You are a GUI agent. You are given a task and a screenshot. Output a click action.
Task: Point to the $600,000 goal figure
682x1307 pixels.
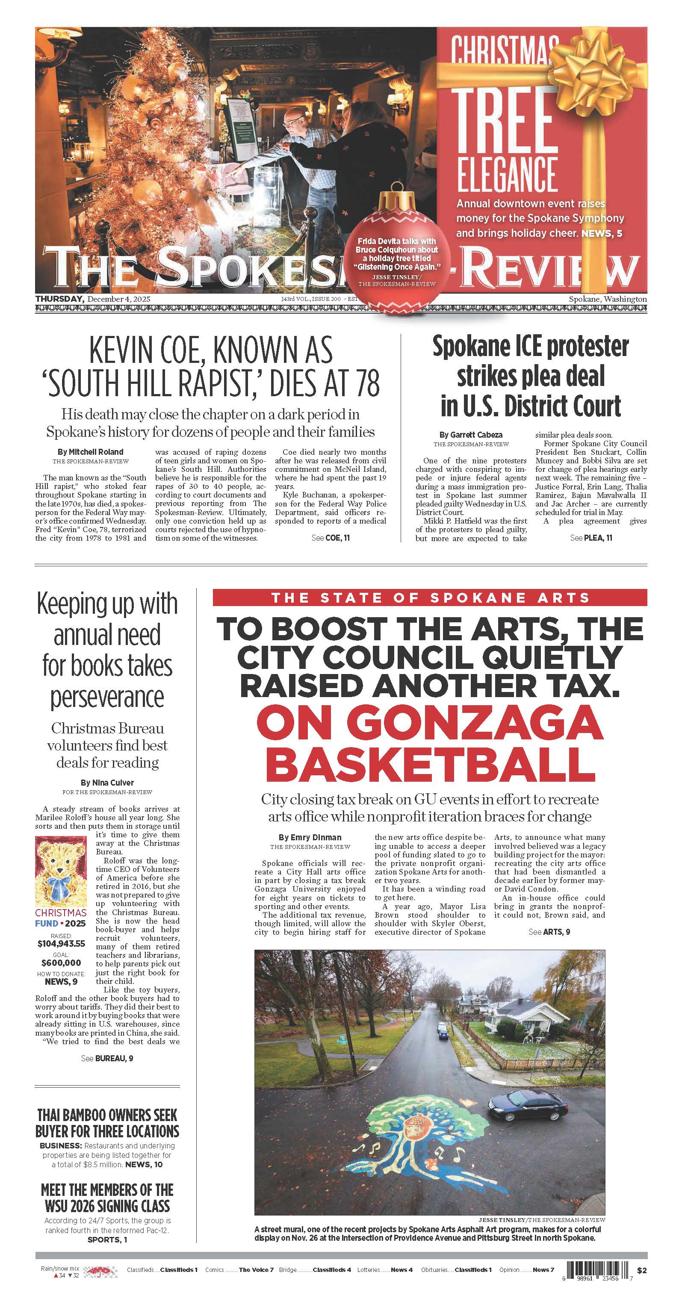[x=61, y=963]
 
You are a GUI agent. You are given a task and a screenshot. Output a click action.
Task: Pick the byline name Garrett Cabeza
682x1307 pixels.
[x=471, y=434]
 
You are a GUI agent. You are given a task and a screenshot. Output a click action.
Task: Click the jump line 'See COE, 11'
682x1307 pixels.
[x=331, y=537]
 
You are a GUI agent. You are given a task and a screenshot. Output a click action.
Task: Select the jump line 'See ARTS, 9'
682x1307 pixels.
[x=549, y=932]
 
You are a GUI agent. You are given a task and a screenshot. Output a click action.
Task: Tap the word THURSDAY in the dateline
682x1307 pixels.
[x=59, y=299]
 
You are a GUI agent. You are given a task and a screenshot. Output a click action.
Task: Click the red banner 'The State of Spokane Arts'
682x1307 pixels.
[x=430, y=598]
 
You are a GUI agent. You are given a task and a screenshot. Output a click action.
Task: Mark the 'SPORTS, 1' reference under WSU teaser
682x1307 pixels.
[x=107, y=1239]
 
